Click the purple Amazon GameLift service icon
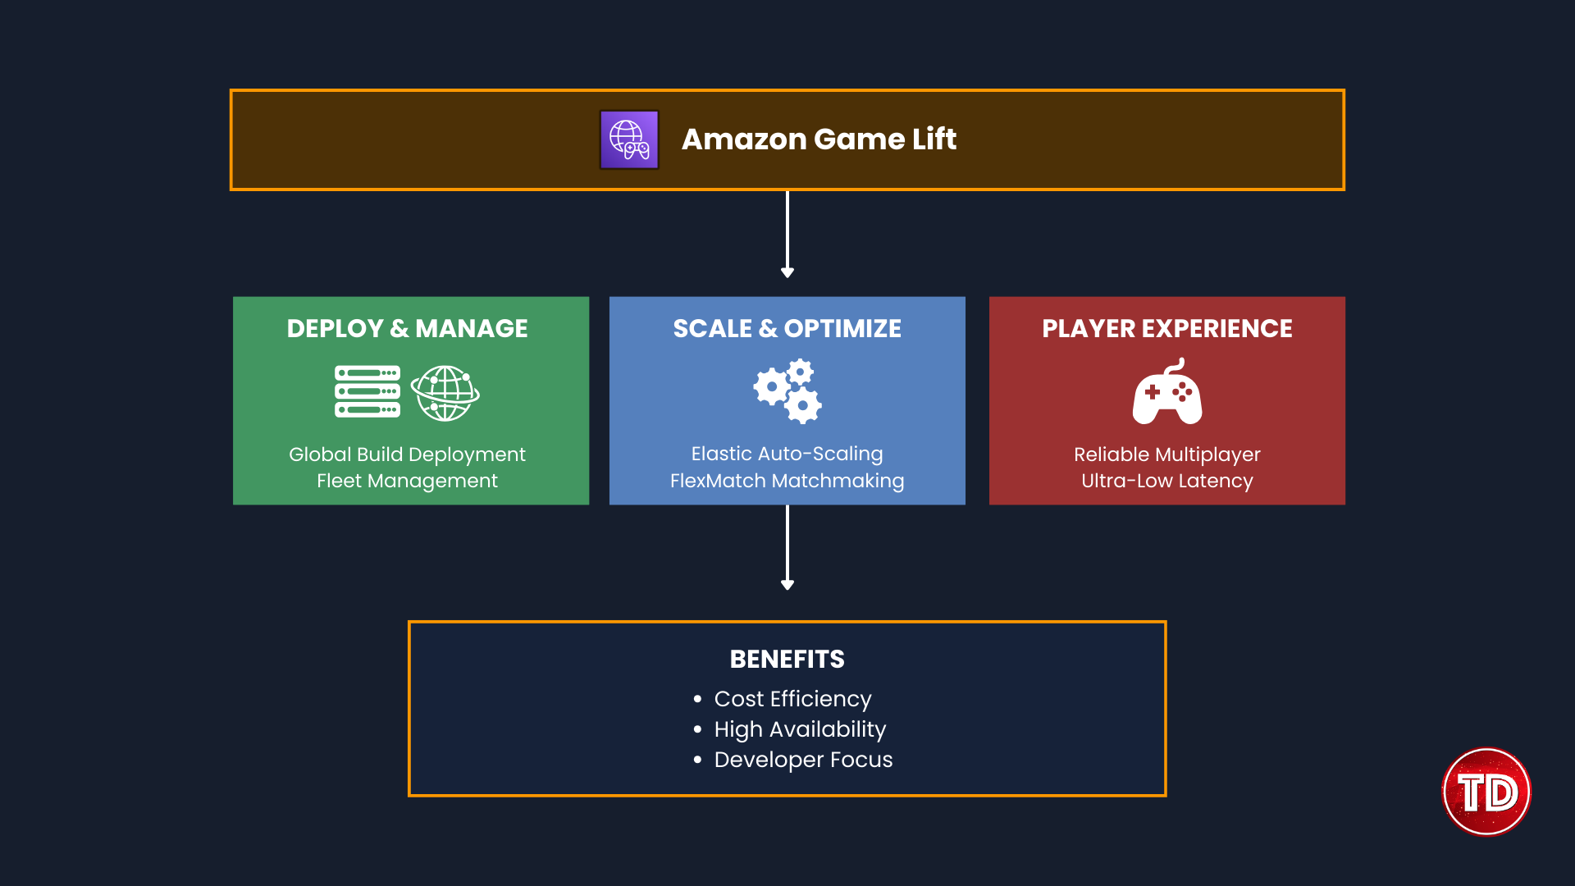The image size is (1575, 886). (629, 139)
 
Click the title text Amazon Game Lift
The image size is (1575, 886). (819, 139)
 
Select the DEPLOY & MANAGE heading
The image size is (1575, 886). (408, 328)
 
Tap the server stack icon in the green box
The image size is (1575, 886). (367, 392)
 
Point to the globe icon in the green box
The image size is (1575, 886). (445, 393)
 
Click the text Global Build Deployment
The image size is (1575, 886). (408, 454)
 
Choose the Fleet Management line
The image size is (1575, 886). (408, 481)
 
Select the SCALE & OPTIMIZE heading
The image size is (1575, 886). (787, 328)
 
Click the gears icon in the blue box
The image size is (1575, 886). (788, 391)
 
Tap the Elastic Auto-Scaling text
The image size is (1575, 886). (787, 454)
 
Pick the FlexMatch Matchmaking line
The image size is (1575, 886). (787, 481)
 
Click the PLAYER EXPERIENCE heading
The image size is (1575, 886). (1166, 328)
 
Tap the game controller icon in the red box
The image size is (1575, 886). (1167, 392)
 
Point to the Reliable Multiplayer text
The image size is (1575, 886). (1166, 454)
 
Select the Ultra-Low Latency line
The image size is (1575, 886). (1166, 481)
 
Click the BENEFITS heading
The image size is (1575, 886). (787, 659)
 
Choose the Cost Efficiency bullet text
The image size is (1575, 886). (792, 699)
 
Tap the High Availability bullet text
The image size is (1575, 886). (800, 729)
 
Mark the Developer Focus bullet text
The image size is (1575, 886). (803, 760)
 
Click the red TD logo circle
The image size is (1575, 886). (1486, 792)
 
